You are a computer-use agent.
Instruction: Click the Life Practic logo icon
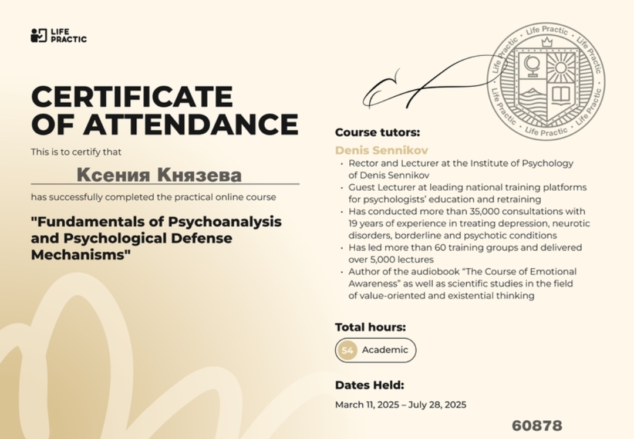coord(38,35)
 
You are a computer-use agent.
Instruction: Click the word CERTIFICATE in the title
coord(131,96)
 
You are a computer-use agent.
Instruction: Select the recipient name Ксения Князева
coord(159,175)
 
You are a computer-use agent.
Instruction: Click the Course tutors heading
coord(377,133)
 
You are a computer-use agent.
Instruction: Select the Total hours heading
coord(370,327)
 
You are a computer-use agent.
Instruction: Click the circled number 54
coord(348,350)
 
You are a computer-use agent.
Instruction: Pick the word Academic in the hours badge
coord(385,350)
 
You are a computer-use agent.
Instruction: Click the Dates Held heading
coord(369,386)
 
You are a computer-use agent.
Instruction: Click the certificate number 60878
coord(537,426)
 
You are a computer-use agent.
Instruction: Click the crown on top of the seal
coord(547,42)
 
